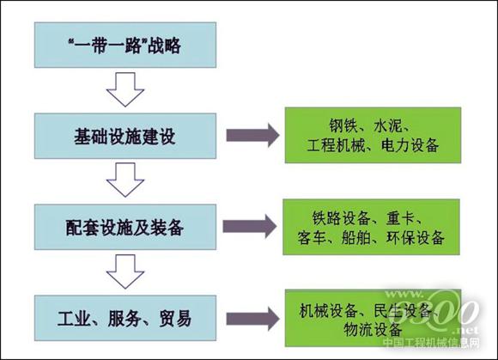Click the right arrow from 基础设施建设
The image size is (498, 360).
(x=251, y=136)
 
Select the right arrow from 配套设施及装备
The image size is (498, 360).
(x=251, y=227)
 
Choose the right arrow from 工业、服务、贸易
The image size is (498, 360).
(x=251, y=319)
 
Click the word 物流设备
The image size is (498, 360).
(x=373, y=329)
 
